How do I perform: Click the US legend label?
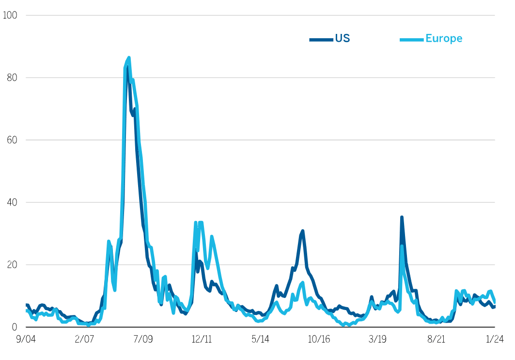point(342,39)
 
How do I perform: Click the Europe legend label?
point(444,39)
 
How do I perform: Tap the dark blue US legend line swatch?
point(321,39)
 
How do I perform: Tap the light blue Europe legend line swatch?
point(411,39)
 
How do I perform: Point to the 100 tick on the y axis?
point(10,16)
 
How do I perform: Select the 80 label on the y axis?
point(12,78)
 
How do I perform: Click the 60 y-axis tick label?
point(12,140)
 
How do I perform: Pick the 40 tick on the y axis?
point(12,203)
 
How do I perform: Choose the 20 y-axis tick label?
point(12,265)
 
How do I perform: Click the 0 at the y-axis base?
point(15,327)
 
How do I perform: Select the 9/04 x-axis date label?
point(26,340)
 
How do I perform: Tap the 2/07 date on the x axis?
point(84,340)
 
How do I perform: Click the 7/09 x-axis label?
point(143,340)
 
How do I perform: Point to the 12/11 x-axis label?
point(202,340)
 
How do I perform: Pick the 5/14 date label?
point(261,340)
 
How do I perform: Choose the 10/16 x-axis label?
point(319,340)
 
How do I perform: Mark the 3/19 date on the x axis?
point(378,340)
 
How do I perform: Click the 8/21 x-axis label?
point(437,340)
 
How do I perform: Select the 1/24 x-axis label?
point(495,340)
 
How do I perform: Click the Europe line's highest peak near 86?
point(128,58)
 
